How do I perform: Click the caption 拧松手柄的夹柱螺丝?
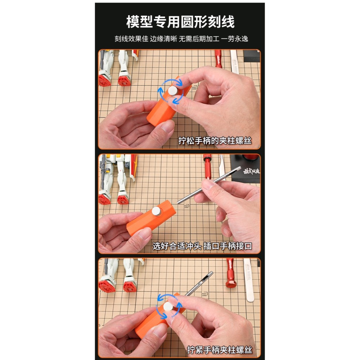pos(215,141)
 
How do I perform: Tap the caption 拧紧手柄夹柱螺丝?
pos(219,350)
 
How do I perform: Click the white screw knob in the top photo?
pos(173,91)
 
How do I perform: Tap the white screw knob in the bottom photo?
pos(168,307)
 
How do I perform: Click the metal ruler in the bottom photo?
pos(249,279)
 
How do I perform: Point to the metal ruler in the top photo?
pos(235,61)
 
